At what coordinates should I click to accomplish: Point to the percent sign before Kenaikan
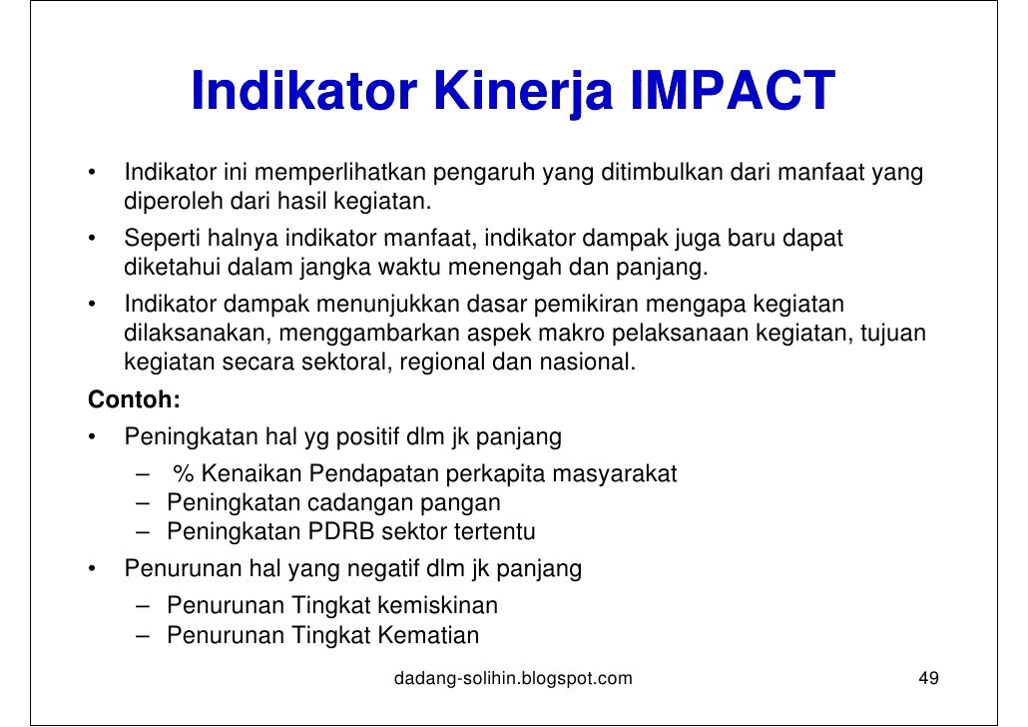click(182, 473)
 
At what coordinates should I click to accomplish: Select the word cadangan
click(347, 502)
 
